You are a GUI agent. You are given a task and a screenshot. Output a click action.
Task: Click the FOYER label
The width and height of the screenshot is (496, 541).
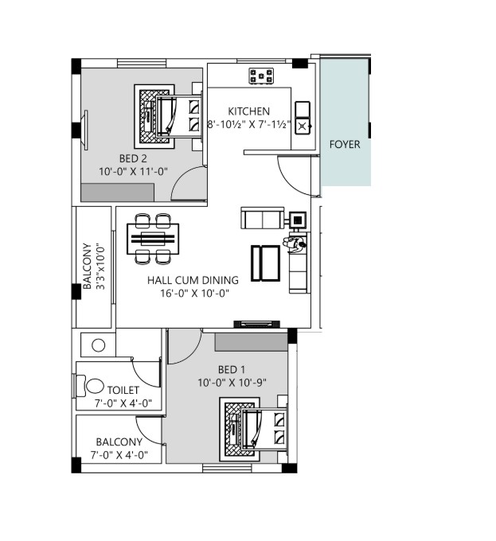tap(345, 144)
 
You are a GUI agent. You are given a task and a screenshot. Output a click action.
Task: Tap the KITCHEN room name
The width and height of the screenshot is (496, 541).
tap(249, 111)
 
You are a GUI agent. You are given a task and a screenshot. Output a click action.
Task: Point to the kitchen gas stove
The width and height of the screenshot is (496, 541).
tap(261, 76)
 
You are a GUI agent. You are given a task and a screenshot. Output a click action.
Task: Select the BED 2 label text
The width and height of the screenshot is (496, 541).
tap(133, 158)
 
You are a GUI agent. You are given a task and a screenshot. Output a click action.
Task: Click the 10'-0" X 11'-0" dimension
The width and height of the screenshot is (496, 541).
tap(133, 171)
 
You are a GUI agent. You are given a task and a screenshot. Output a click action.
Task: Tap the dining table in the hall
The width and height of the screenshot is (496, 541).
tap(153, 239)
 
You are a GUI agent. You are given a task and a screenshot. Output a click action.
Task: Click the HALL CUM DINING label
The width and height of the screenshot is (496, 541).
tap(193, 280)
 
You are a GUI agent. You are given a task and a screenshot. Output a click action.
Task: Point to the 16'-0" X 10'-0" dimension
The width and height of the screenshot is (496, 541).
tap(195, 293)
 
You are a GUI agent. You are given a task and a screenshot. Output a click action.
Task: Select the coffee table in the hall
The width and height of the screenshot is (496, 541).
tap(265, 263)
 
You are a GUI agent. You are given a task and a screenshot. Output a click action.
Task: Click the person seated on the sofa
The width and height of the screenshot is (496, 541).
tap(295, 243)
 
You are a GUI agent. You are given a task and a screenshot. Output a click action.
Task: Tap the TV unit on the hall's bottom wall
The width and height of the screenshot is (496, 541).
tap(257, 324)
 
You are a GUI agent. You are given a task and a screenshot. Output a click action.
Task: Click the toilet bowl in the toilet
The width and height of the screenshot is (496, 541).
tap(91, 386)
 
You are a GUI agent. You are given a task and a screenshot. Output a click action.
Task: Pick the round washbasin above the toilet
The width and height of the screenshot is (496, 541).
tap(99, 345)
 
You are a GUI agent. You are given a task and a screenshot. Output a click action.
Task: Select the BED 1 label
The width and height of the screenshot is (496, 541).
tap(232, 369)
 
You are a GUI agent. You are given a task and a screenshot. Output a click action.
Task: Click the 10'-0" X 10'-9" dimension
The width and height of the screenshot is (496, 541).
tap(232, 383)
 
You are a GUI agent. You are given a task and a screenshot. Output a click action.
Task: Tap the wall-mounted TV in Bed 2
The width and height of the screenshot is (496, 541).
tap(86, 130)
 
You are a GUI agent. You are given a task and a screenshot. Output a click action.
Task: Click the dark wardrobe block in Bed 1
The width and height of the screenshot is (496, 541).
tap(252, 342)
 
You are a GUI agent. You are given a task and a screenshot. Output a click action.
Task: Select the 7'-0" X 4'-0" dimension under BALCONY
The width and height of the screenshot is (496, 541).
tap(119, 455)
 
